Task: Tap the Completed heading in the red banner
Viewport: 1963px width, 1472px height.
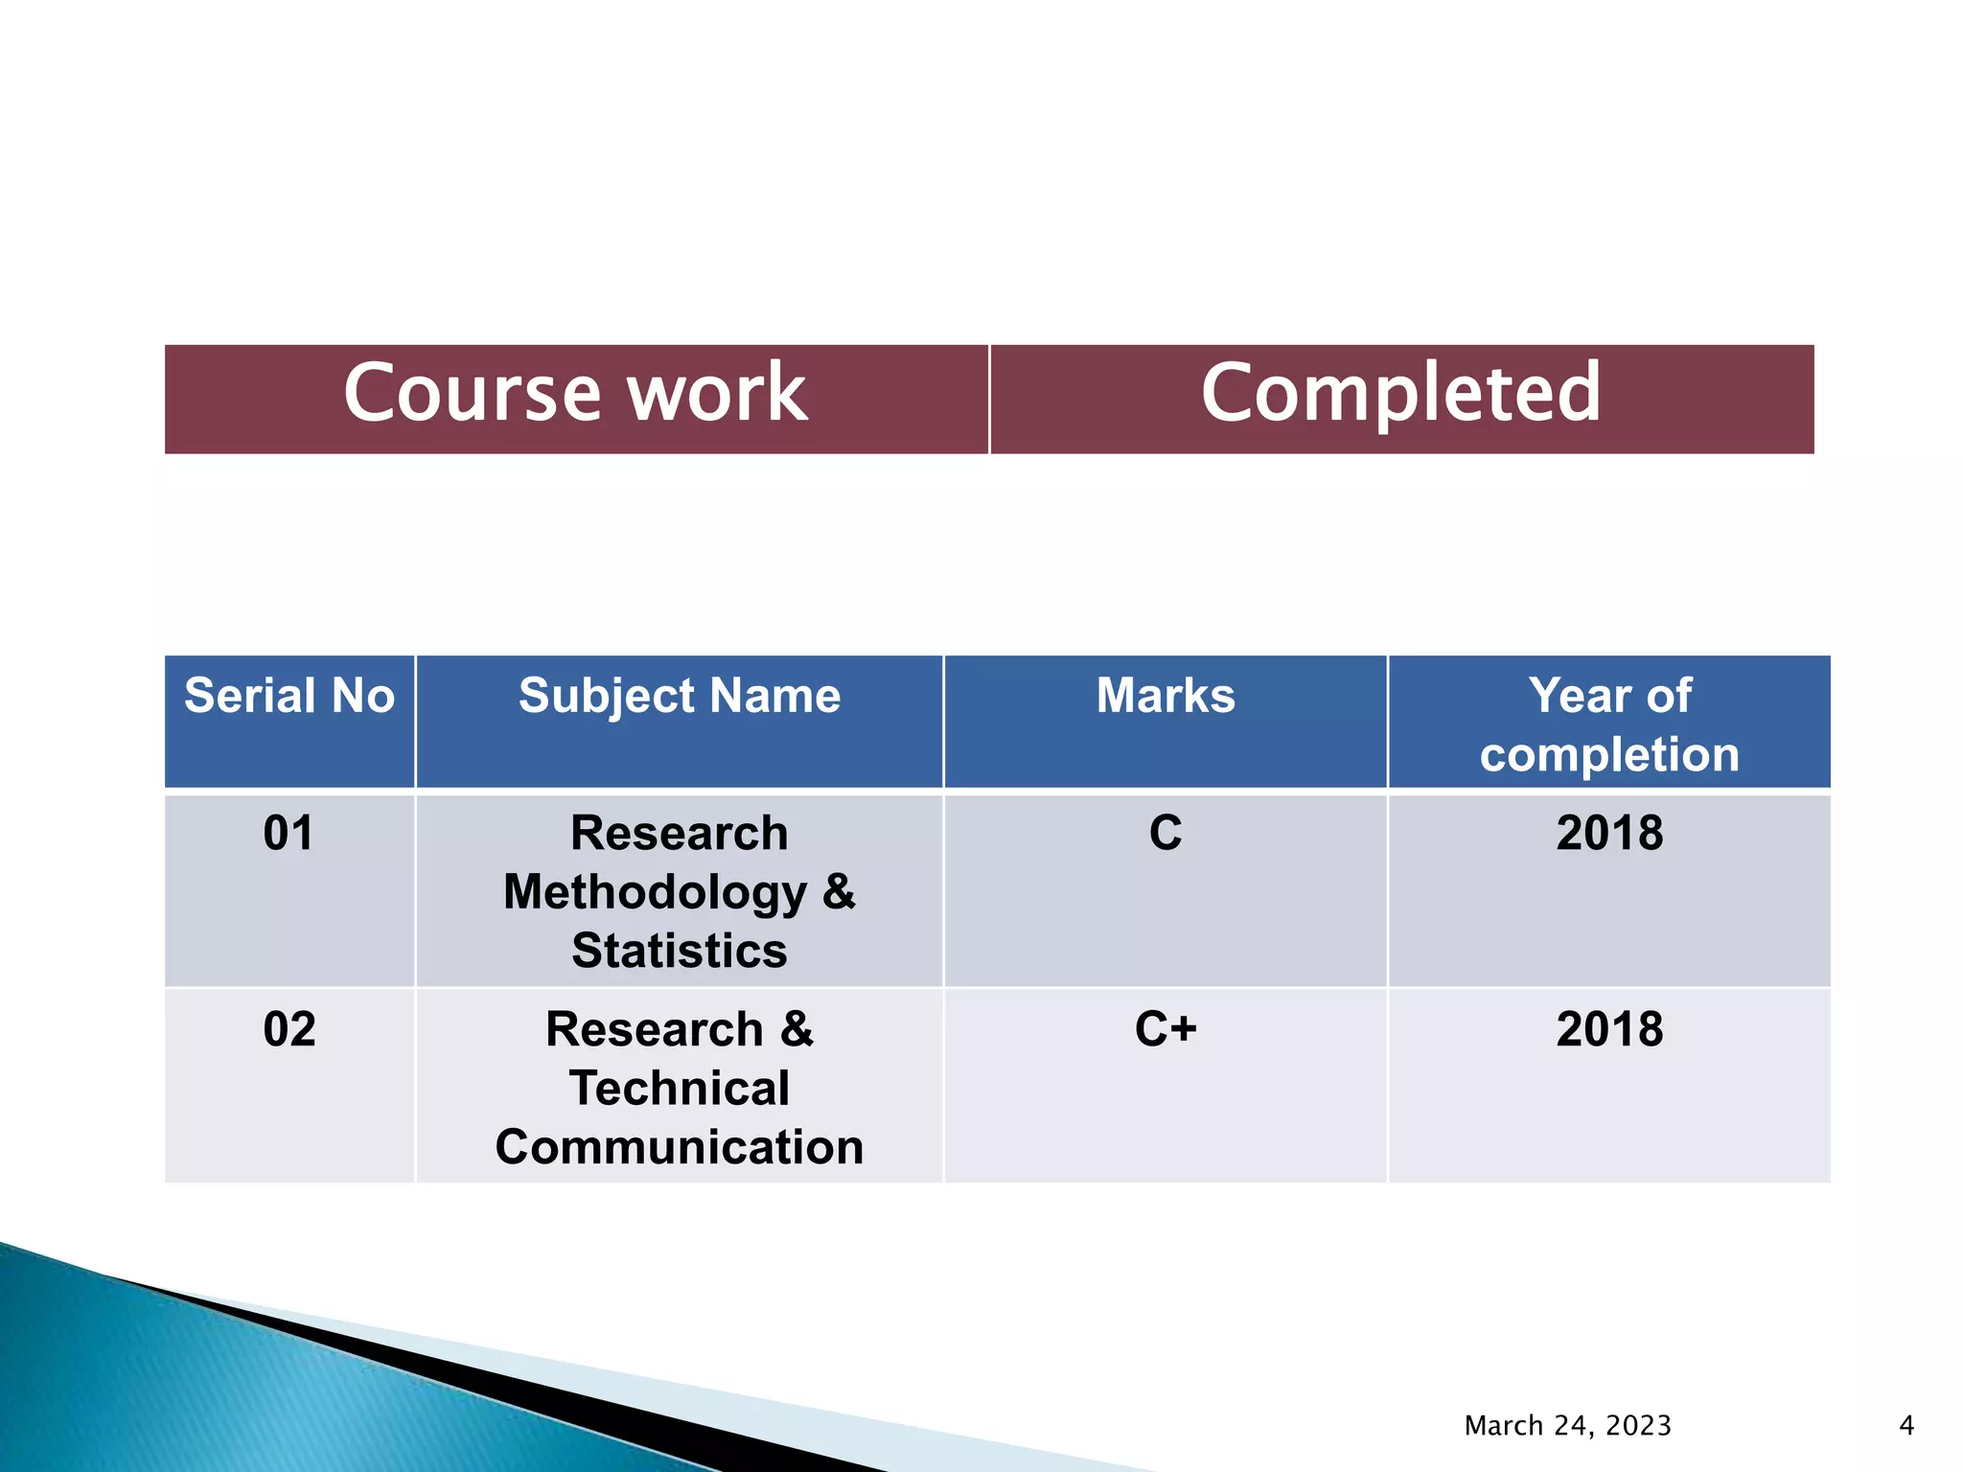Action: click(x=1400, y=393)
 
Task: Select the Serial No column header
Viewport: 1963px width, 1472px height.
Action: click(x=289, y=696)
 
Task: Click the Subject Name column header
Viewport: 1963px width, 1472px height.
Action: click(x=680, y=696)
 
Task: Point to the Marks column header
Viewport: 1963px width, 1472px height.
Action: click(x=1166, y=696)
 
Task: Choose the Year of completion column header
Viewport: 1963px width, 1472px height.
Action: click(x=1609, y=724)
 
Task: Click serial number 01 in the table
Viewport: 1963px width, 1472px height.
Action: click(x=289, y=833)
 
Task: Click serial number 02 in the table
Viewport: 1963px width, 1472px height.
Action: click(x=289, y=1029)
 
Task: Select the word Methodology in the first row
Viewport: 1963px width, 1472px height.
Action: click(x=655, y=892)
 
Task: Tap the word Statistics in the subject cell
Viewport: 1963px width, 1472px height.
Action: click(x=680, y=951)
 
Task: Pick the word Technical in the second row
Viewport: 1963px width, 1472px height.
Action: click(x=680, y=1089)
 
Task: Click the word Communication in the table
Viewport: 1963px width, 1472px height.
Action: click(x=680, y=1147)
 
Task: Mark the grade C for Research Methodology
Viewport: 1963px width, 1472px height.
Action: click(x=1166, y=833)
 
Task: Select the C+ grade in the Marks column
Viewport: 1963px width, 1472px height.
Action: click(x=1166, y=1029)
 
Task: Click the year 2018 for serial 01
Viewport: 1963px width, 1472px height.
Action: click(x=1609, y=833)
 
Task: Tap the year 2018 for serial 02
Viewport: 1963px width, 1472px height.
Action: click(x=1609, y=1029)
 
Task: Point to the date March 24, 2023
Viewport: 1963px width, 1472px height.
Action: click(x=1568, y=1426)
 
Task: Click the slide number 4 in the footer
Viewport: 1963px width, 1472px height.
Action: click(x=1906, y=1426)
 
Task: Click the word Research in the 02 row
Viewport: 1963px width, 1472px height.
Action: click(x=655, y=1029)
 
